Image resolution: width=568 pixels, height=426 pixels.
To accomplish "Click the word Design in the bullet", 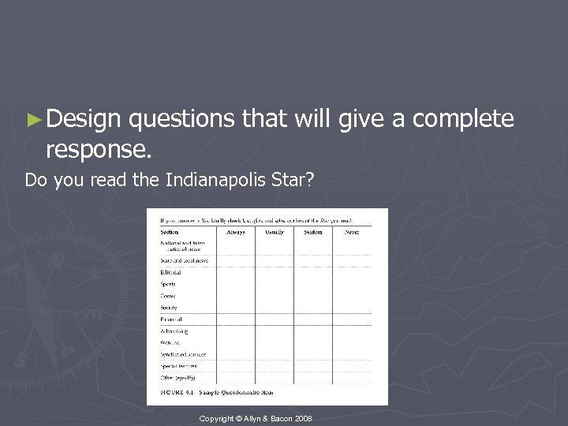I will [x=78, y=120].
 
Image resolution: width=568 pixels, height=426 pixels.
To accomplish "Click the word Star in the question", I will [x=296, y=181].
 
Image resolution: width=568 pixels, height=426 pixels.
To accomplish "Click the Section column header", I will [x=170, y=232].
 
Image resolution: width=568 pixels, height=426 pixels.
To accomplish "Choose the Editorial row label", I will [x=170, y=272].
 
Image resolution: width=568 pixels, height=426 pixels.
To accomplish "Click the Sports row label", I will [x=167, y=284].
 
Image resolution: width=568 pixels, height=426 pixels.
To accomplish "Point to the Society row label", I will [x=168, y=308].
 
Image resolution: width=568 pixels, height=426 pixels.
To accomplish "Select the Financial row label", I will [x=171, y=319].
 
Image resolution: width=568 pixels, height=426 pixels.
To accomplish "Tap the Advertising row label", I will [x=174, y=331].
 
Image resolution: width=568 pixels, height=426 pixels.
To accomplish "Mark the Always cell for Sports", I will [x=235, y=284].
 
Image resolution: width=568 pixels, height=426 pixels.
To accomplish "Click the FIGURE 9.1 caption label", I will [x=177, y=392].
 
